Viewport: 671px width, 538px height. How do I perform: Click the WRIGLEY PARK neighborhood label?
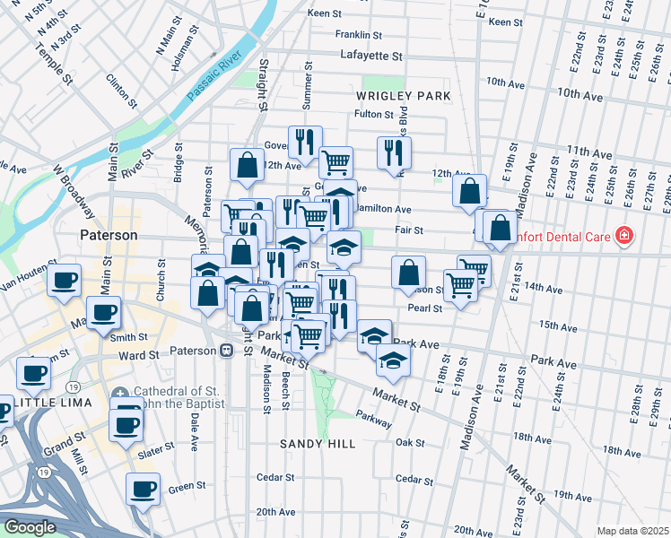point(402,95)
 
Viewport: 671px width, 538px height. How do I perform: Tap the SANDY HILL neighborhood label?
point(318,444)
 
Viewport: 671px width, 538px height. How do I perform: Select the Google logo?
point(30,527)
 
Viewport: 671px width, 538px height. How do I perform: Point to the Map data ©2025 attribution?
point(632,531)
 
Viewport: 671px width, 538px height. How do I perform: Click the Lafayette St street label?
point(374,56)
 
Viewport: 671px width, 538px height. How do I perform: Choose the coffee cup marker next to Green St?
point(143,490)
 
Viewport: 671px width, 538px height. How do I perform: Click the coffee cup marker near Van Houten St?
point(65,281)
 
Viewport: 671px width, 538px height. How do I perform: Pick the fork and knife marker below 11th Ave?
point(393,152)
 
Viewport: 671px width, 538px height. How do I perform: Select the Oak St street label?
point(409,442)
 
